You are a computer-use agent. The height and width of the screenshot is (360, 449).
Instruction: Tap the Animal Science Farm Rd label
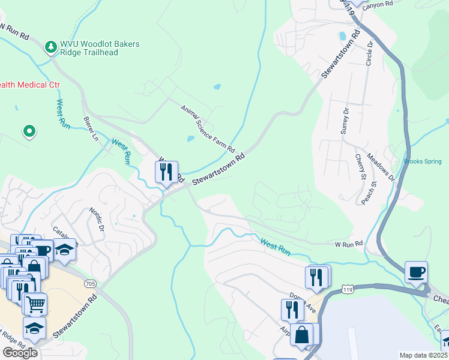[208, 128]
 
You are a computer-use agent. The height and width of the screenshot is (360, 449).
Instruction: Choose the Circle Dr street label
[370, 54]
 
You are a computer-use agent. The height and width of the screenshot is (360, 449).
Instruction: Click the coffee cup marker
[416, 272]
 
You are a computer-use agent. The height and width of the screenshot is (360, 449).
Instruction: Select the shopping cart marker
[35, 304]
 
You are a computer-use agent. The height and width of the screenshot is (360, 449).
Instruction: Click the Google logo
[20, 352]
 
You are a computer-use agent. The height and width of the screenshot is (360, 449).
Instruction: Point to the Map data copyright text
[423, 355]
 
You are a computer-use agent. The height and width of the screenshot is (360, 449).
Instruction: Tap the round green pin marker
[28, 131]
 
